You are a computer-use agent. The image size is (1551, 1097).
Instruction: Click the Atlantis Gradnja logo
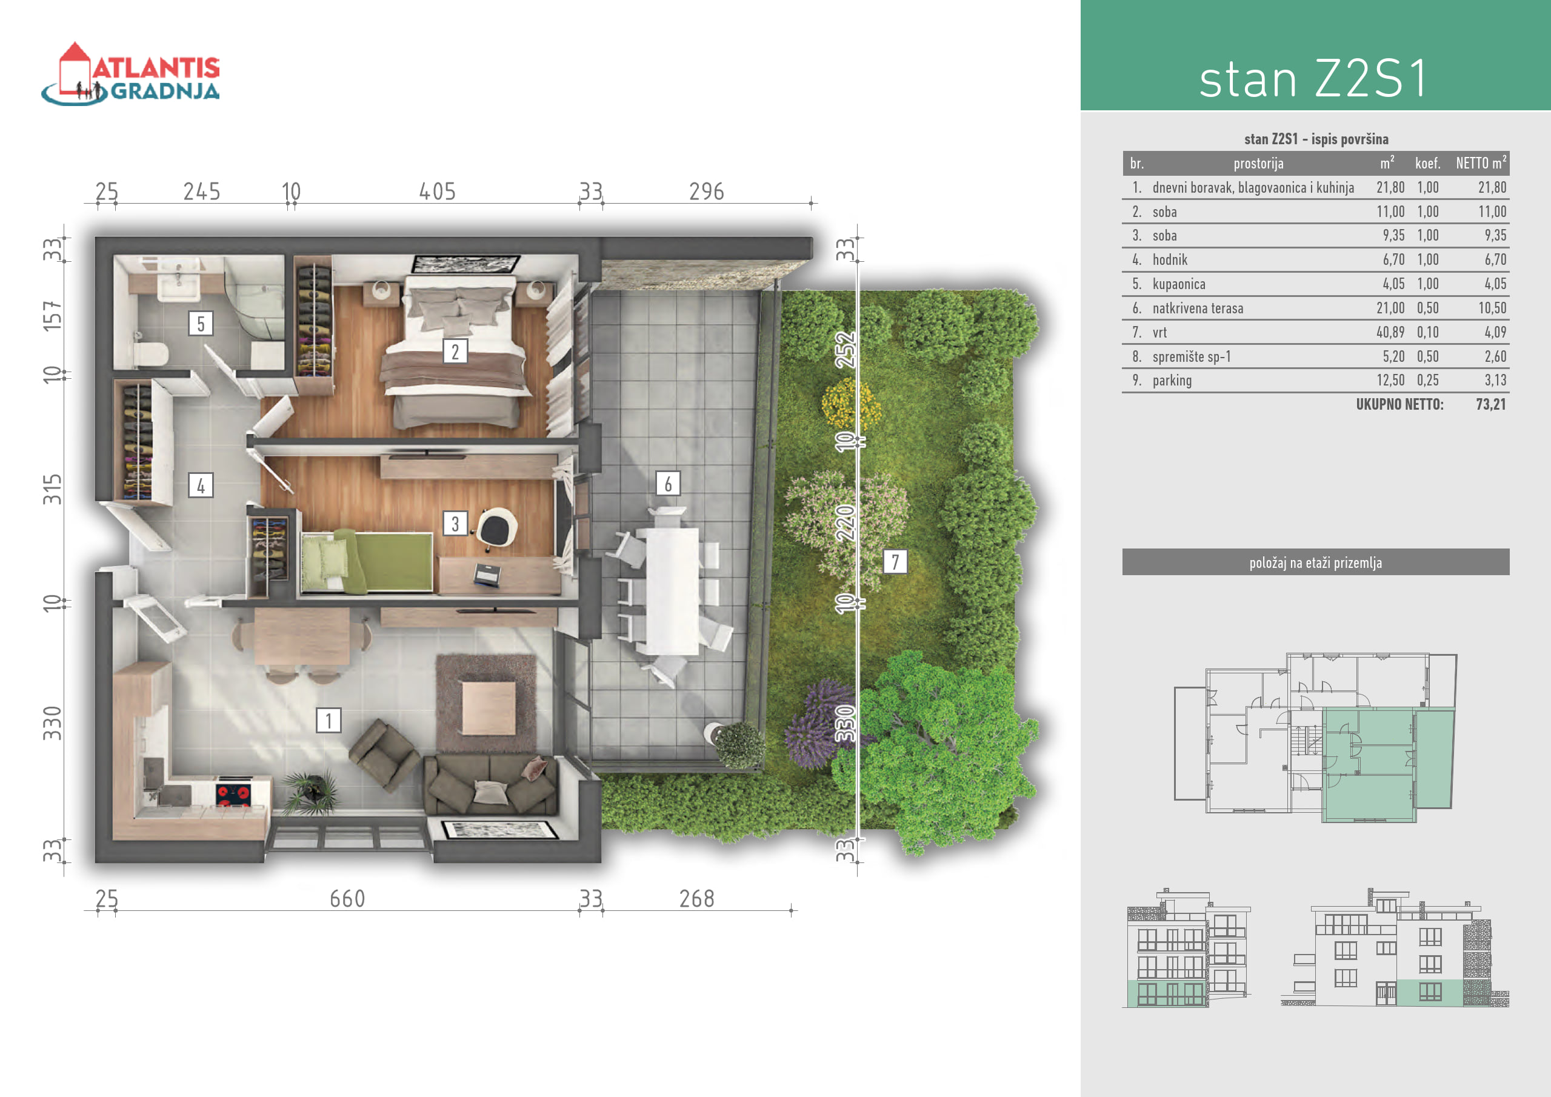pyautogui.click(x=131, y=75)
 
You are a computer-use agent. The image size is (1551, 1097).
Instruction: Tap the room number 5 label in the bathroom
pyautogui.click(x=201, y=324)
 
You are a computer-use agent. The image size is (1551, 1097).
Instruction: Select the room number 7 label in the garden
pyautogui.click(x=895, y=561)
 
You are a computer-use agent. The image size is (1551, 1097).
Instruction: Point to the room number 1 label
pyautogui.click(x=329, y=720)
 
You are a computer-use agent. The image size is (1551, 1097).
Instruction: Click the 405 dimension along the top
pyautogui.click(x=437, y=192)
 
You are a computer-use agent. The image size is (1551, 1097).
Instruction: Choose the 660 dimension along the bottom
pyautogui.click(x=347, y=899)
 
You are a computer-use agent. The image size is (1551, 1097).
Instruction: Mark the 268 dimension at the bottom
pyautogui.click(x=696, y=899)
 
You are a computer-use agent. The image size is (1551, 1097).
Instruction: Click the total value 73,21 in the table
pyautogui.click(x=1491, y=405)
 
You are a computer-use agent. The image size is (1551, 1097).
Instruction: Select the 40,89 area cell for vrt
pyautogui.click(x=1390, y=332)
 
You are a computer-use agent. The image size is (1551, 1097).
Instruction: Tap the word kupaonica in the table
pyautogui.click(x=1179, y=284)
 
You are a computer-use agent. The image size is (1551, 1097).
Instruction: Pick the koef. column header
pyautogui.click(x=1427, y=164)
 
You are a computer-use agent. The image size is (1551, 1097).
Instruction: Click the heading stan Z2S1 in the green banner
pyautogui.click(x=1314, y=78)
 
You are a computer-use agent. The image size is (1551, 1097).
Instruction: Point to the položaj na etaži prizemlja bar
pyautogui.click(x=1315, y=562)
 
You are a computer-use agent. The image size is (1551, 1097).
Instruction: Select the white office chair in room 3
pyautogui.click(x=496, y=527)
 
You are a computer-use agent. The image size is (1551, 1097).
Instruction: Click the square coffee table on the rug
pyautogui.click(x=489, y=707)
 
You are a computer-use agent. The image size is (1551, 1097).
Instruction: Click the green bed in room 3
pyautogui.click(x=367, y=561)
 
